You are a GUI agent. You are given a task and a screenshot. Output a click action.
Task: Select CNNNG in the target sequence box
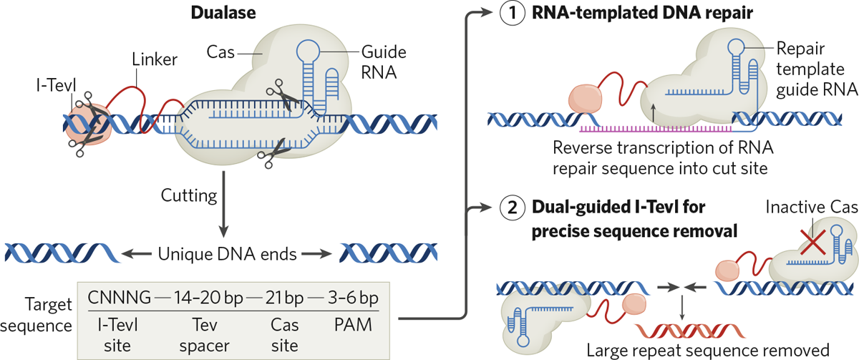pyautogui.click(x=117, y=296)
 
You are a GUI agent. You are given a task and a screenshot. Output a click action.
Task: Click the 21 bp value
pyautogui.click(x=282, y=296)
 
